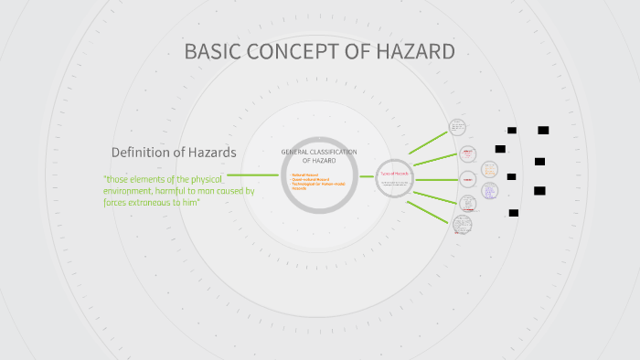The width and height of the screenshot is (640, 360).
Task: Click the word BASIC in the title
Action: click(x=209, y=51)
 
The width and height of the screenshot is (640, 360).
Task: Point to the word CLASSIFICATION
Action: click(x=336, y=152)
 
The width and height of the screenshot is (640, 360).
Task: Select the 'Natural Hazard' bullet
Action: click(x=305, y=174)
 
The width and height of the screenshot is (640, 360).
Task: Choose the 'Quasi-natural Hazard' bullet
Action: click(x=310, y=179)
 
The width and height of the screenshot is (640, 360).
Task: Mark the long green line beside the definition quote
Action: click(x=253, y=175)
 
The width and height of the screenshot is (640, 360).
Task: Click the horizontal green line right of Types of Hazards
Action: click(x=437, y=178)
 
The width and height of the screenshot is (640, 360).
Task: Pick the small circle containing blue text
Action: click(x=490, y=192)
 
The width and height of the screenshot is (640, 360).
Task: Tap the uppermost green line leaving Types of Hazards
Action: click(x=430, y=141)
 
